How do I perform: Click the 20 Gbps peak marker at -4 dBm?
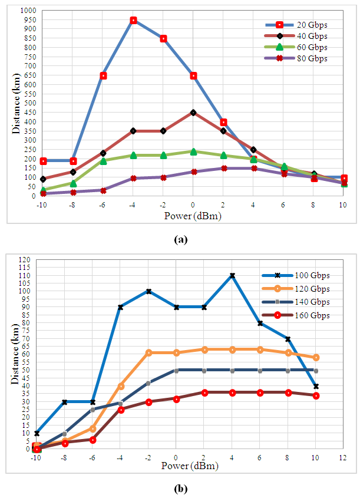(133, 20)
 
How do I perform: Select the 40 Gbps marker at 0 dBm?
(193, 113)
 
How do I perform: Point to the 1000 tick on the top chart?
(27, 11)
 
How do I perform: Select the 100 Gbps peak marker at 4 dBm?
(232, 275)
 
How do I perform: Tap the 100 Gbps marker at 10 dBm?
(316, 386)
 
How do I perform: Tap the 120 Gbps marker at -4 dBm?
(121, 386)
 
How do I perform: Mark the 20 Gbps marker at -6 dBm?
(103, 75)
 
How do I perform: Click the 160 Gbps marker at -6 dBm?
(93, 440)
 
